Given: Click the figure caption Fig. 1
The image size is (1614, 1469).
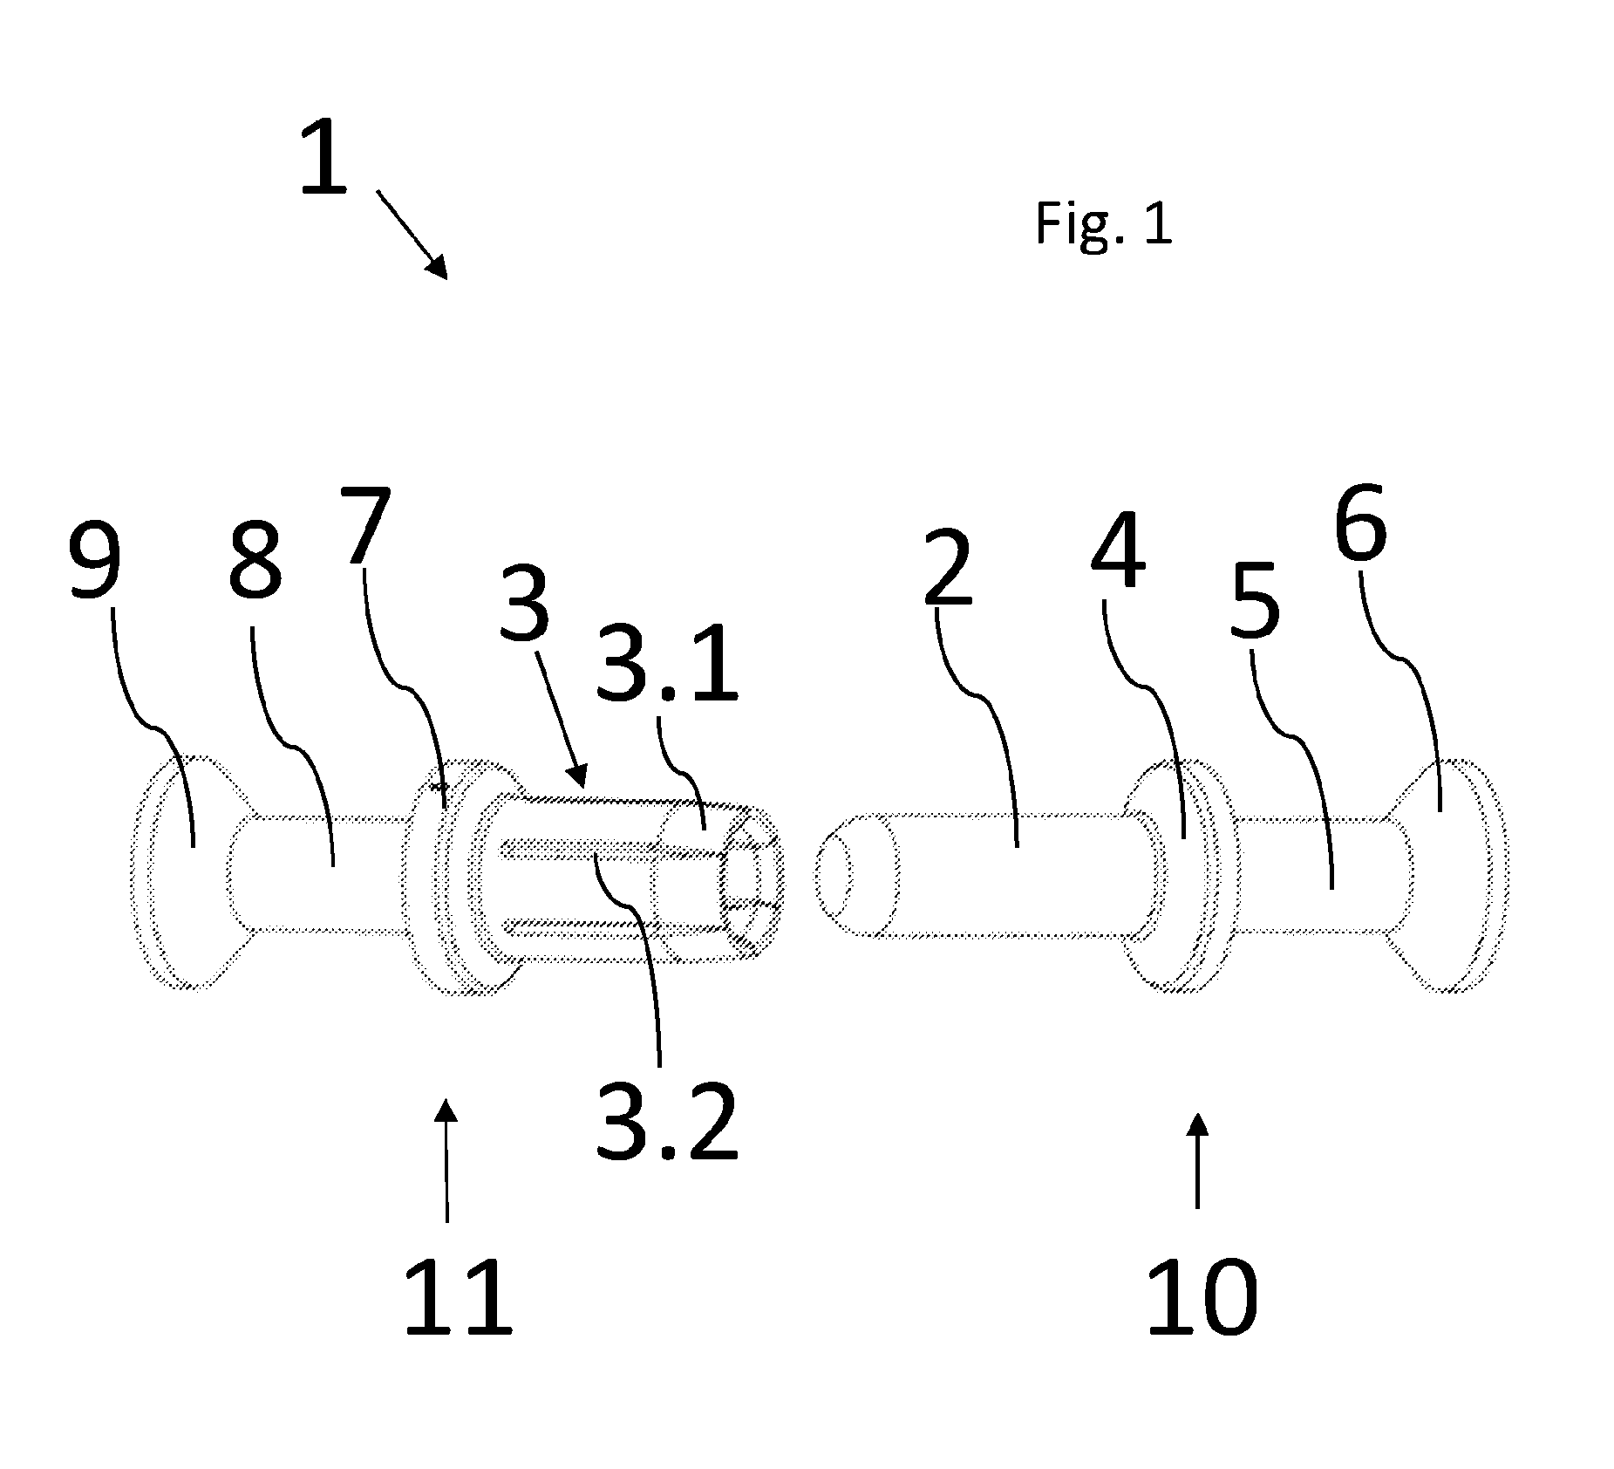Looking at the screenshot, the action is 1103,222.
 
